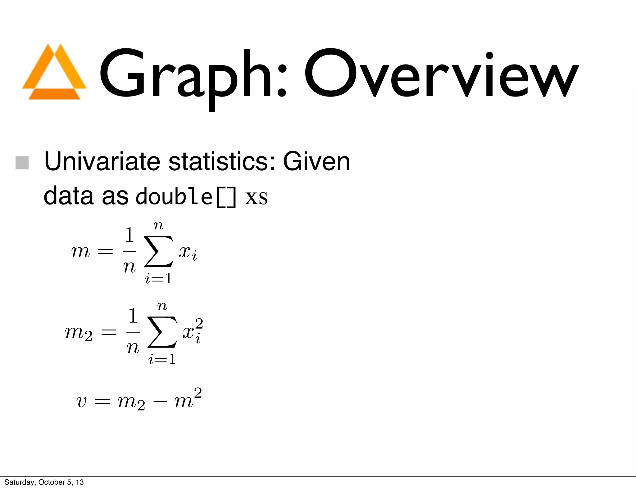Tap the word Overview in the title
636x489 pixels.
point(441,74)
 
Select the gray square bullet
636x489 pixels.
point(22,163)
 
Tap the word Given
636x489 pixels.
point(316,161)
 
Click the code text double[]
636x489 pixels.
point(186,197)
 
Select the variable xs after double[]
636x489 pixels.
point(257,197)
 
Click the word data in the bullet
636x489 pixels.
point(69,196)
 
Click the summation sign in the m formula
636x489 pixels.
point(159,251)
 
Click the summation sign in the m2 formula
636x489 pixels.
point(162,332)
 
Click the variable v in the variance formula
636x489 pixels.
point(81,402)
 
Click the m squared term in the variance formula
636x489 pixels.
point(188,399)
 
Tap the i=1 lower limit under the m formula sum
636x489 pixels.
point(159,279)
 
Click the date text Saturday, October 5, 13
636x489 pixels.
point(44,482)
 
